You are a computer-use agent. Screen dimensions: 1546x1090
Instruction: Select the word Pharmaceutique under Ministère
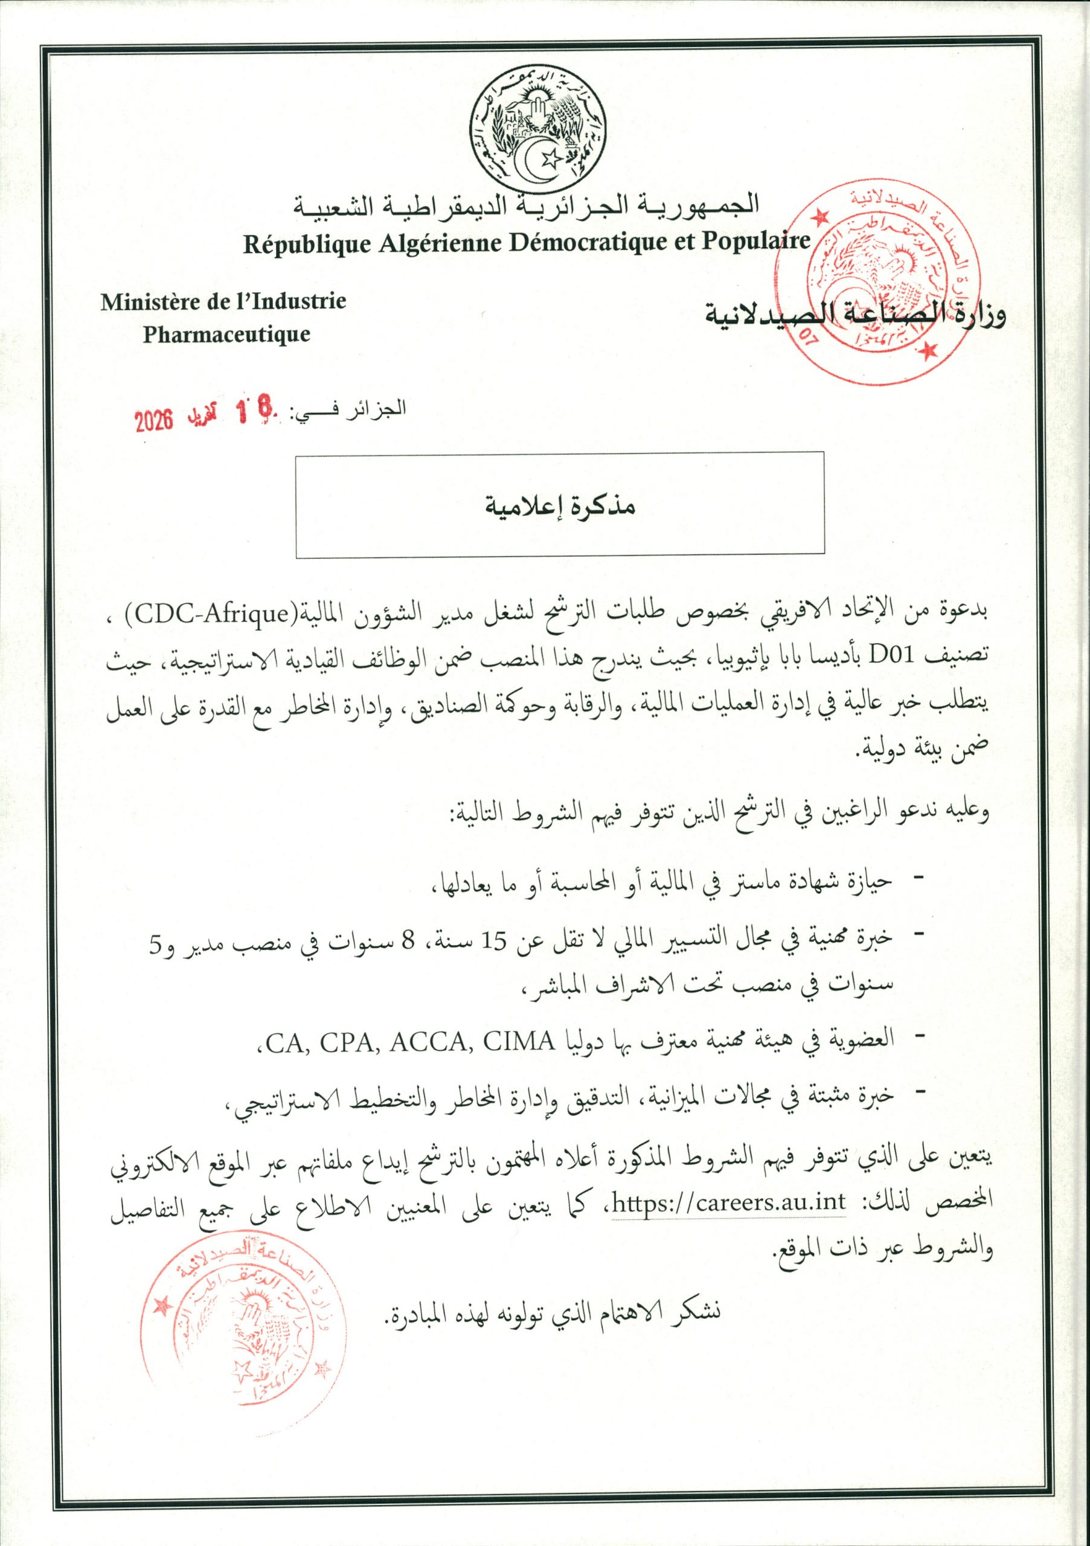[x=226, y=334]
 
